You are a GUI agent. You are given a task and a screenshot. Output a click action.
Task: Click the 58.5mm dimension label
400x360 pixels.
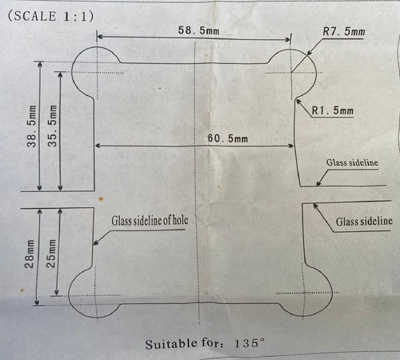(198, 30)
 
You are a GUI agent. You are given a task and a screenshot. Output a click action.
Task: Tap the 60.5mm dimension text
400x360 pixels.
(228, 138)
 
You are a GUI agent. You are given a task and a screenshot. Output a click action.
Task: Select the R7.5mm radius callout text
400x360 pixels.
(344, 32)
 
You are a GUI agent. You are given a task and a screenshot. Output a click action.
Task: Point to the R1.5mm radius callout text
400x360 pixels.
(333, 110)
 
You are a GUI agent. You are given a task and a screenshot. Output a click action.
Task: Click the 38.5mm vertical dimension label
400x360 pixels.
(32, 126)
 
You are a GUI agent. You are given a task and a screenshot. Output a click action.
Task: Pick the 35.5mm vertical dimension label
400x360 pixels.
(52, 126)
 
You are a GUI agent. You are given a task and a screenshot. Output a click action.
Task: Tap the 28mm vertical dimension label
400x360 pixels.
(30, 254)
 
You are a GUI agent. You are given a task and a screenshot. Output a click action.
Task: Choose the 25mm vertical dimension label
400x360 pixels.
(51, 254)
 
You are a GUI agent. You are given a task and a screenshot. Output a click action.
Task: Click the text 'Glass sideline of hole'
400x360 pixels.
(150, 221)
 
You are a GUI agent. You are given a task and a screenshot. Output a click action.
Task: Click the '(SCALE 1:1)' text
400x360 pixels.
(50, 16)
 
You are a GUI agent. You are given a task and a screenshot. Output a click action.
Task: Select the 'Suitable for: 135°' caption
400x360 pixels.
(205, 343)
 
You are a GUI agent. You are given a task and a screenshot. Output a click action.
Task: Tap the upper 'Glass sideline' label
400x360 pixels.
(352, 162)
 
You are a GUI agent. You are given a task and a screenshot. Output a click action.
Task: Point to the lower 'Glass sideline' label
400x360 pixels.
(364, 222)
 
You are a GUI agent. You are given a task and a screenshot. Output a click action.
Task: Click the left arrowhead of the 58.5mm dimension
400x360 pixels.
(99, 37)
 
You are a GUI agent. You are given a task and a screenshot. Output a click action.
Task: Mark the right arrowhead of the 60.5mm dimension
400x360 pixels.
(291, 146)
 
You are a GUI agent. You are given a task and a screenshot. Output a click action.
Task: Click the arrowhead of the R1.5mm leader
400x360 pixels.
(298, 102)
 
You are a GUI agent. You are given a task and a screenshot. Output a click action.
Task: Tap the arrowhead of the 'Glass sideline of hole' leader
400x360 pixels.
(96, 242)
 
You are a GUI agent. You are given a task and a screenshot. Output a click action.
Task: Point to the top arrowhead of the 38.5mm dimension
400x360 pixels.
(40, 65)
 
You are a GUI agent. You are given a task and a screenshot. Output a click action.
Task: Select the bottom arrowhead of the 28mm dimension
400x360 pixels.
(38, 302)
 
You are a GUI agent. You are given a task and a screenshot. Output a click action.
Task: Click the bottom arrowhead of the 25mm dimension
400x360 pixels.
(57, 292)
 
